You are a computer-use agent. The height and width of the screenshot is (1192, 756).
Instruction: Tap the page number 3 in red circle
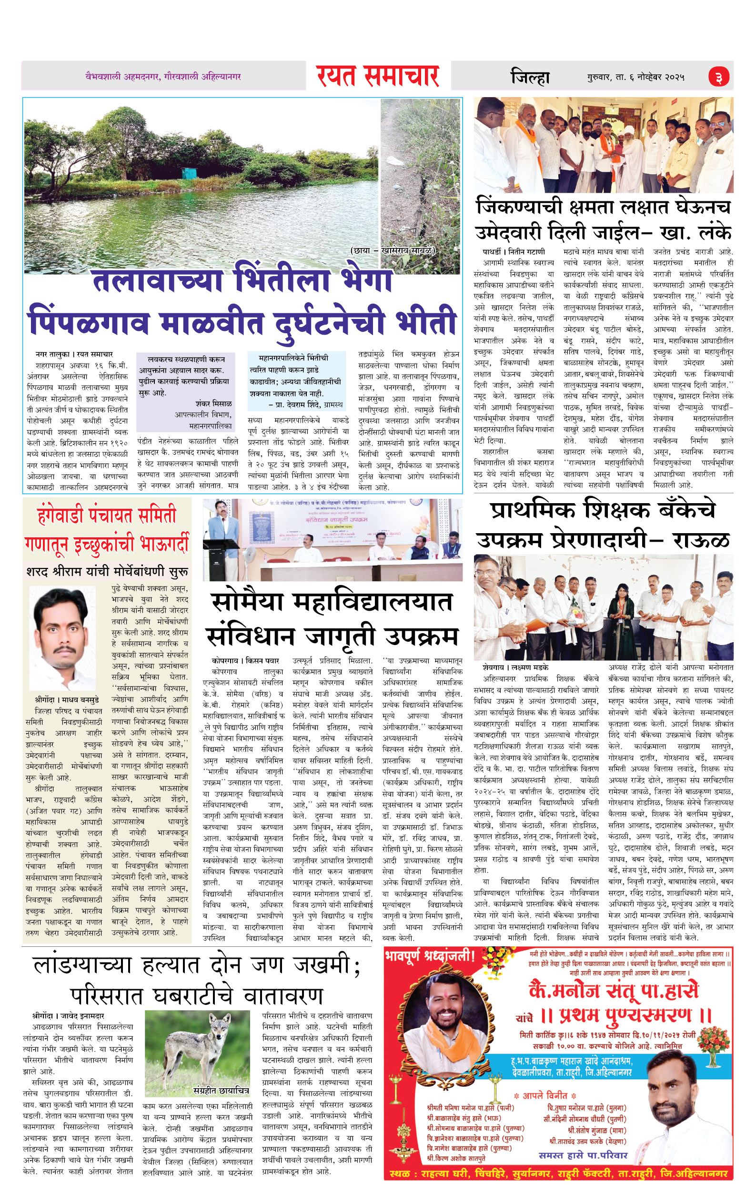pos(718,77)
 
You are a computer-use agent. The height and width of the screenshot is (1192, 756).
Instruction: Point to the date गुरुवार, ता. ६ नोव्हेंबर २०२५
pos(636,77)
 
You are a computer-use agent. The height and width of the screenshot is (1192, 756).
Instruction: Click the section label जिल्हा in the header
pos(530,77)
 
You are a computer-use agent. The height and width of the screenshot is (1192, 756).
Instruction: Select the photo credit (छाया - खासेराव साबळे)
pos(393,251)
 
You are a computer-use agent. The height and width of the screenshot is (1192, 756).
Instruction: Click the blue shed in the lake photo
pos(189,173)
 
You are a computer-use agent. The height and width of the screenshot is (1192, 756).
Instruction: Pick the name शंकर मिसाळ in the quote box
pos(213,403)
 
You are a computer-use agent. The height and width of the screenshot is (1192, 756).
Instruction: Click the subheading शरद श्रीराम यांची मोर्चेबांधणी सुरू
pos(107,571)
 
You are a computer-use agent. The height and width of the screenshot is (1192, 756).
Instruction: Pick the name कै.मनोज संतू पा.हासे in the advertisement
pos(614,990)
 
